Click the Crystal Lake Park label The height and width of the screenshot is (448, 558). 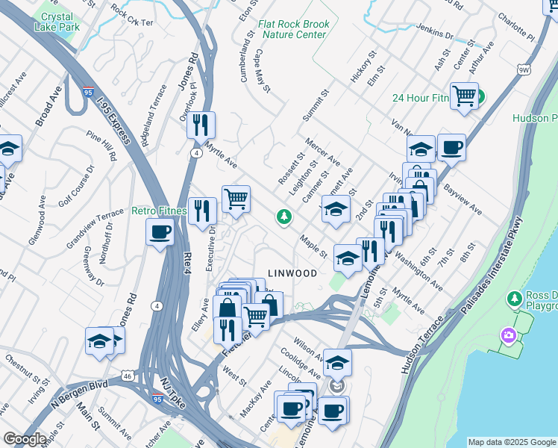point(57,22)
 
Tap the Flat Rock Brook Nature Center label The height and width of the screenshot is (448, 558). point(293,28)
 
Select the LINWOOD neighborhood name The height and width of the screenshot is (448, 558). point(292,274)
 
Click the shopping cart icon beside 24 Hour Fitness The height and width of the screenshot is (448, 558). point(464,96)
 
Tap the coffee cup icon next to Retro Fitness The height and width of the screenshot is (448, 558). point(160,232)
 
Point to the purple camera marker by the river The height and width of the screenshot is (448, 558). point(510,335)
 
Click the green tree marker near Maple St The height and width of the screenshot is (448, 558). point(283,217)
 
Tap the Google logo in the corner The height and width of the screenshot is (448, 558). point(25,439)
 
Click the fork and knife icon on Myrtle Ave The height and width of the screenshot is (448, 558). point(201,125)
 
